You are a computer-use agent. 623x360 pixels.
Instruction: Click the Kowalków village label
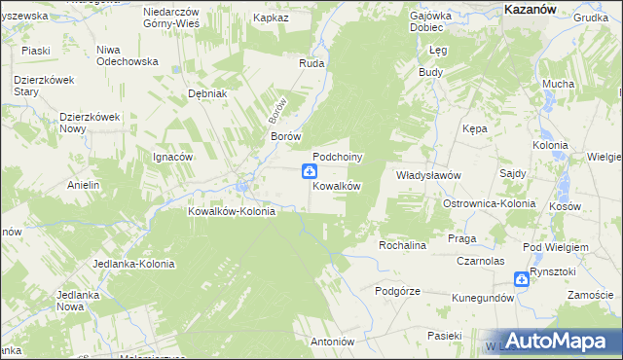tap(337, 186)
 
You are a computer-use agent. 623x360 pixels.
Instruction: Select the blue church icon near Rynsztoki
tap(522, 279)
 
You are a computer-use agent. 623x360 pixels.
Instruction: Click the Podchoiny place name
tap(338, 157)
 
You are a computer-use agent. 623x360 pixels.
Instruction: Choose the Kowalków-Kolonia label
tap(232, 211)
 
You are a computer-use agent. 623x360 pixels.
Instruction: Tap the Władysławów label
tap(427, 175)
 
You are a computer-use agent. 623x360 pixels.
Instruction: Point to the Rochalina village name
tap(403, 246)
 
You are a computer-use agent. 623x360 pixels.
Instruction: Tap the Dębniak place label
tap(207, 93)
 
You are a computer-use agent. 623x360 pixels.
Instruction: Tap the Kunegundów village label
tap(482, 298)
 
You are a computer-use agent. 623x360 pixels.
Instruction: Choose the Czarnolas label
tap(481, 262)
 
